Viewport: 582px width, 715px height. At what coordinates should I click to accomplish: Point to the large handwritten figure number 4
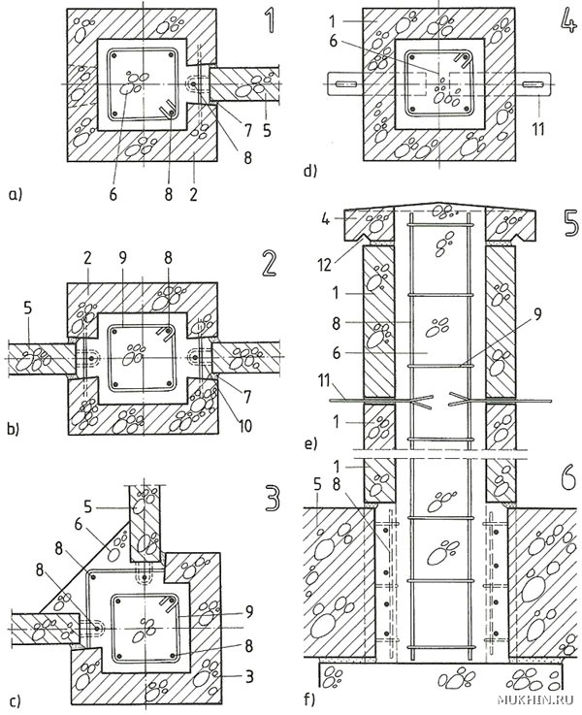click(x=566, y=23)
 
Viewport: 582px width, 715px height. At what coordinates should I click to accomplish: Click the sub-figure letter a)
click(x=16, y=196)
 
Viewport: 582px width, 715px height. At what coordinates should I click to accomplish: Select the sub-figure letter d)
click(x=310, y=172)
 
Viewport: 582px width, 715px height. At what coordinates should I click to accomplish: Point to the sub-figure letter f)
click(x=309, y=699)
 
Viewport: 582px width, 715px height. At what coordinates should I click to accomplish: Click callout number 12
click(x=325, y=265)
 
